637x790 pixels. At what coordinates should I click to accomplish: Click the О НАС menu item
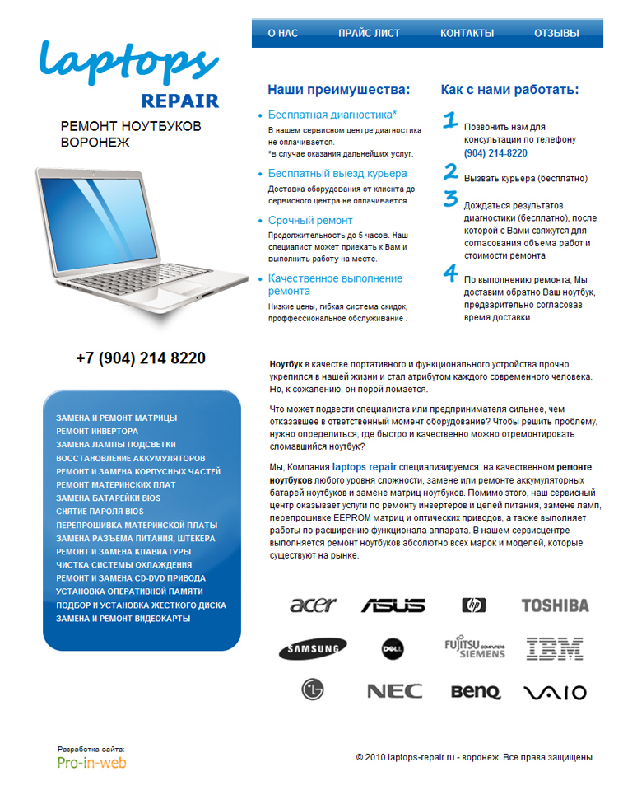[282, 34]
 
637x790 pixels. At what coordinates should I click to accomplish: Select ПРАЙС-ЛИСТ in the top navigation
[369, 34]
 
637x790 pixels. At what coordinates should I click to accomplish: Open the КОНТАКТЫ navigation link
[467, 34]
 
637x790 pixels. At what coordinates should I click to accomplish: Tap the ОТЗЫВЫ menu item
[556, 34]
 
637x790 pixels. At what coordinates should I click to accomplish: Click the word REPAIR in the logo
[179, 101]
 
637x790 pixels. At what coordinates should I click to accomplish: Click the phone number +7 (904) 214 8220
[141, 359]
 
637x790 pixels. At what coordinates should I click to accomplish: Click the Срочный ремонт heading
[309, 221]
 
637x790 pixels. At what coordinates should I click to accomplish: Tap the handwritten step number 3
[450, 199]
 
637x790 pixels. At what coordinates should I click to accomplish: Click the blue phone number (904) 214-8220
[495, 153]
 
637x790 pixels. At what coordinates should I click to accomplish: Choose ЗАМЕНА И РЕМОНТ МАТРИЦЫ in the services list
[116, 418]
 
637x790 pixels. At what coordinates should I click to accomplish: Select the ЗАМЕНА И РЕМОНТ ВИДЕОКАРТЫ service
[123, 619]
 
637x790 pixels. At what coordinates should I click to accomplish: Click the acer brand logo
[313, 605]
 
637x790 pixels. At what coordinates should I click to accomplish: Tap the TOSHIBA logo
[555, 606]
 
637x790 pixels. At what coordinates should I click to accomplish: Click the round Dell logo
[392, 649]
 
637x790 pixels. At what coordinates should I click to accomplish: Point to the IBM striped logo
[555, 649]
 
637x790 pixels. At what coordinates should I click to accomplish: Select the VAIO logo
[555, 693]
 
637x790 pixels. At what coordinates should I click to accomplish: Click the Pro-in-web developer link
[91, 763]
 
